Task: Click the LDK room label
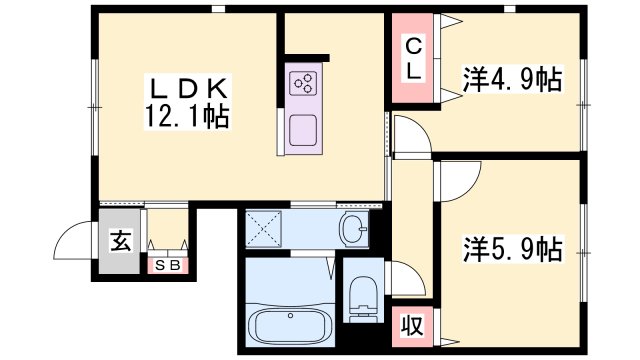click(188, 88)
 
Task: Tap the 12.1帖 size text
click(187, 117)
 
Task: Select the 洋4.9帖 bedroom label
click(512, 79)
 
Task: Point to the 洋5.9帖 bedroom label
click(513, 249)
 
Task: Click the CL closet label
click(413, 58)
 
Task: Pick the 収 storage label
click(412, 326)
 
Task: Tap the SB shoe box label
click(168, 266)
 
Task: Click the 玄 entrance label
click(121, 241)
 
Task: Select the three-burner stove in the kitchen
click(303, 83)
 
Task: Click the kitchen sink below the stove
click(303, 130)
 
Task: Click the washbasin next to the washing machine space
click(354, 229)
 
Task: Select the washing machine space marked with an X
click(264, 229)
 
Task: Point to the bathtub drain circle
click(290, 315)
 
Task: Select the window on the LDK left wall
click(94, 107)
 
